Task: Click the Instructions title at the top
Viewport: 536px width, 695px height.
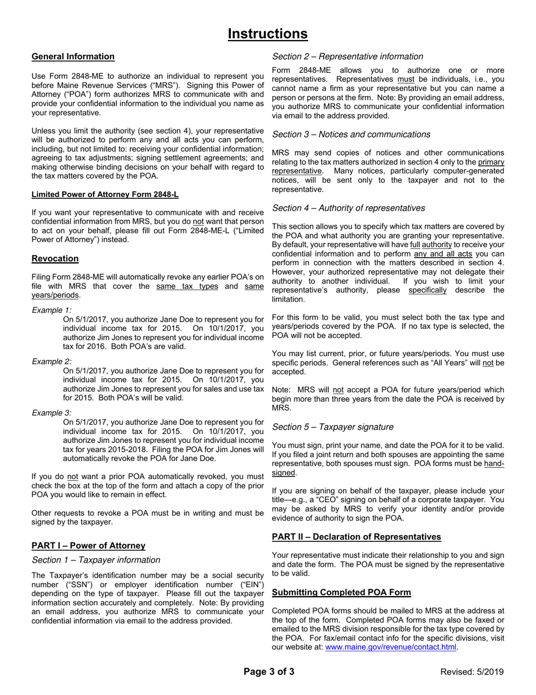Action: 267,34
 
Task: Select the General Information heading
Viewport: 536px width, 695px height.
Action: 73,57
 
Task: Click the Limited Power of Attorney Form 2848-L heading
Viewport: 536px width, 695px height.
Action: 105,194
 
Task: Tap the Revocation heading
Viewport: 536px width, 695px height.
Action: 55,259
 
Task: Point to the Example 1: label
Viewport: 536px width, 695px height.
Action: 51,310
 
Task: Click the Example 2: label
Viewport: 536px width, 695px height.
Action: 51,362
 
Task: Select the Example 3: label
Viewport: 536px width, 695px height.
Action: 51,413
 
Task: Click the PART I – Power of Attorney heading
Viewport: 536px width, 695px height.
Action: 89,546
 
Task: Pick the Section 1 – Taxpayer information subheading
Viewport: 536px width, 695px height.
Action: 96,560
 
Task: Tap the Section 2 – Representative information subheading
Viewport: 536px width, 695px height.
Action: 348,57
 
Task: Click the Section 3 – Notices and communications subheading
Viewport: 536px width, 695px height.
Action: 351,134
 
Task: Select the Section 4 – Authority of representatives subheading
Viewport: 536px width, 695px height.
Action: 349,208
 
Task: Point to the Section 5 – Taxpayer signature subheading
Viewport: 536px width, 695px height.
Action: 333,427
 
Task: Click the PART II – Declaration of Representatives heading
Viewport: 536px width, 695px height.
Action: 357,537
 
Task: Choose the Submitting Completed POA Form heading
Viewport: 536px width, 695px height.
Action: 341,593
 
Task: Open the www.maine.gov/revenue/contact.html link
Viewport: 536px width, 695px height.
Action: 390,647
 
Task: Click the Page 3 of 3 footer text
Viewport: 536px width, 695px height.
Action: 269,672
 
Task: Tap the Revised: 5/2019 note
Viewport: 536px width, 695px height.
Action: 472,672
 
